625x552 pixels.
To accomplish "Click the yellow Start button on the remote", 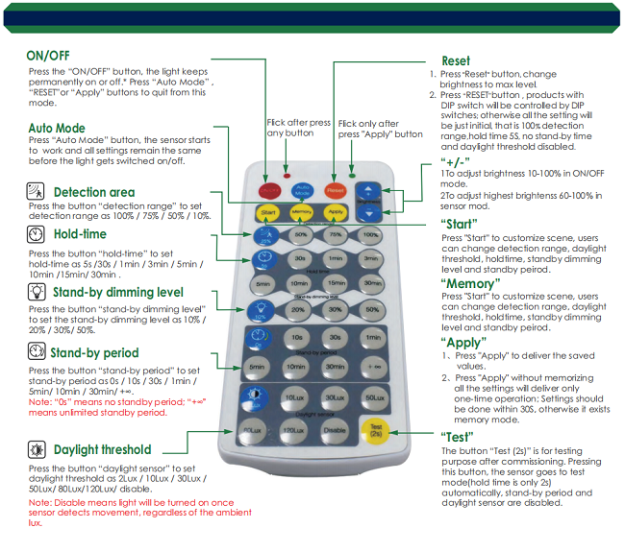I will [268, 211].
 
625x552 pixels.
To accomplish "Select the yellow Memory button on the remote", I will [301, 211].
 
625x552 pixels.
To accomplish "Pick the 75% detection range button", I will [335, 234].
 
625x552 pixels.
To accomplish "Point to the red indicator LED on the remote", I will [287, 177].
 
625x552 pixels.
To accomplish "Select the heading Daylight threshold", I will [102, 449].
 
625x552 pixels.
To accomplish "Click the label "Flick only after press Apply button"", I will [380, 129].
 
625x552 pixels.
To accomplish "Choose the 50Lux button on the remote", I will [371, 397].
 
